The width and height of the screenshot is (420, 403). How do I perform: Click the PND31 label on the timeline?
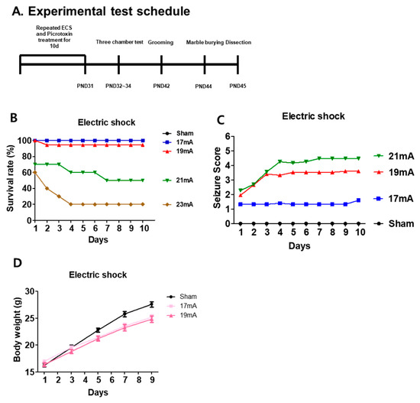point(85,86)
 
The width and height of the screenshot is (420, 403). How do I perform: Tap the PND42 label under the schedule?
point(161,86)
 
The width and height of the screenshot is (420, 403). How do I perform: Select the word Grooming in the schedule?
point(160,42)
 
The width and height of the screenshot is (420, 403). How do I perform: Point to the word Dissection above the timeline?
point(238,42)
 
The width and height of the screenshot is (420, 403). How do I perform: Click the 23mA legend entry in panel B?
point(178,204)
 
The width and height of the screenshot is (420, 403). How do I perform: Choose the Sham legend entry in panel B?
point(178,133)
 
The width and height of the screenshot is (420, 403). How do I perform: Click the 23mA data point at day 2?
point(47,188)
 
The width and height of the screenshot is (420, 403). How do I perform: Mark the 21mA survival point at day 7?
point(107,180)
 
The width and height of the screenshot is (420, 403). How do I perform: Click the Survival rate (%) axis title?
point(10,178)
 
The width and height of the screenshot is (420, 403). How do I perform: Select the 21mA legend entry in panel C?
point(394,156)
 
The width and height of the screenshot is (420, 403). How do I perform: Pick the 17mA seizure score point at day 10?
point(358,200)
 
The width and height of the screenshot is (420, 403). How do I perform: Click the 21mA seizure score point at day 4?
point(280,161)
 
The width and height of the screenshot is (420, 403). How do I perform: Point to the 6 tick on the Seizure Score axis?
point(228,136)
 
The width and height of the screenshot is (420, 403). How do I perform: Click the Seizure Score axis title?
point(217,177)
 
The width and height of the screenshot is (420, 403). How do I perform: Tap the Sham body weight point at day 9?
point(152,304)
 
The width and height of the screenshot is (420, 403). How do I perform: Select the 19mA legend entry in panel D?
point(182,315)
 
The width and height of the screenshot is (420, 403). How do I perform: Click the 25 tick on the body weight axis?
point(31,318)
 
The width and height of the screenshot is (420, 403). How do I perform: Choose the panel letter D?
point(17,263)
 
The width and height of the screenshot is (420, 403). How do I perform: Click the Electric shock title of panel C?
point(313,116)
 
